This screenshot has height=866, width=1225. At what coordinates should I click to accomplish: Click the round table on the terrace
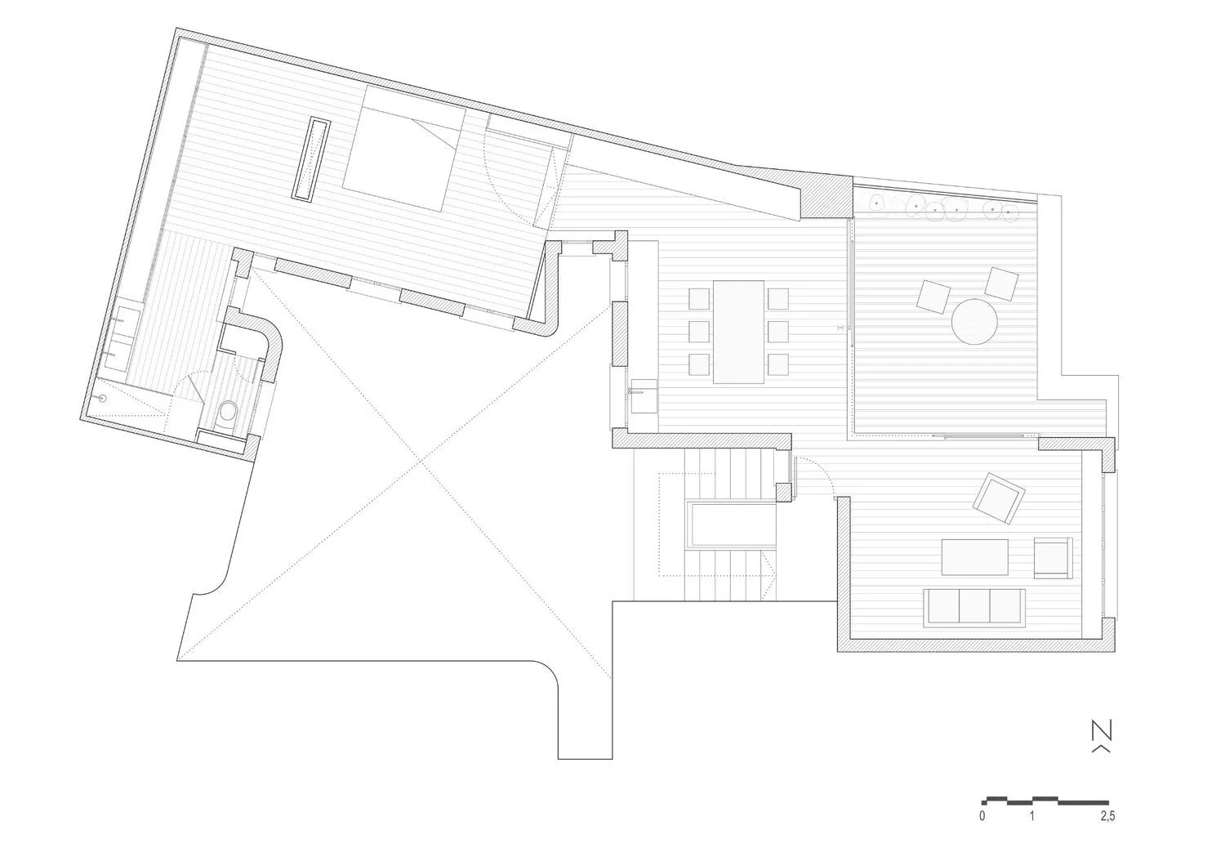pyautogui.click(x=974, y=321)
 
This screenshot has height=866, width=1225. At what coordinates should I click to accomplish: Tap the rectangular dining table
pyautogui.click(x=739, y=332)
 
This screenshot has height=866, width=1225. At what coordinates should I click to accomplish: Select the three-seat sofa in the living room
pyautogui.click(x=974, y=607)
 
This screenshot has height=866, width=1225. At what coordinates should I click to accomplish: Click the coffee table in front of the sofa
pyautogui.click(x=974, y=557)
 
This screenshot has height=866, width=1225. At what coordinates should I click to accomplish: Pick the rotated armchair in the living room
pyautogui.click(x=999, y=498)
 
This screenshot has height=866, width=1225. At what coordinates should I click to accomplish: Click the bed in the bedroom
pyautogui.click(x=405, y=148)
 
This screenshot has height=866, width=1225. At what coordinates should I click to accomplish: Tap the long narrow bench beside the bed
pyautogui.click(x=311, y=158)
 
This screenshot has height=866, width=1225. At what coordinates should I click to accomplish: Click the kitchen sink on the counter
pyautogui.click(x=644, y=396)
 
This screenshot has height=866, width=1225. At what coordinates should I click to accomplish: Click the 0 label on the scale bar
pyautogui.click(x=982, y=831)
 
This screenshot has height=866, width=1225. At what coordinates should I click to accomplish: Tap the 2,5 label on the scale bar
pyautogui.click(x=1107, y=831)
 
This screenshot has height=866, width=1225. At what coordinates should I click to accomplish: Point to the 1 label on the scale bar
pyautogui.click(x=1032, y=831)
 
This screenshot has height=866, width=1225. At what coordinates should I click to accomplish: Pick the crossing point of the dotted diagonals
pyautogui.click(x=421, y=462)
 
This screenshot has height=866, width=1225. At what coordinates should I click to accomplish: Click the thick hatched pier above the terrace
pyautogui.click(x=826, y=195)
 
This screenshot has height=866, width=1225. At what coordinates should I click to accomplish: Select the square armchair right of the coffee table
pyautogui.click(x=1053, y=557)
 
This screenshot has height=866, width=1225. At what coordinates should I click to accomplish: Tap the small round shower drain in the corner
pyautogui.click(x=101, y=398)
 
